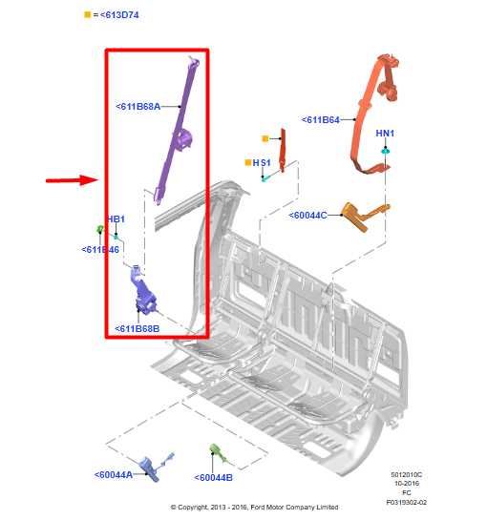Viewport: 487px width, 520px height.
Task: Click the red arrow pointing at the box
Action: pyautogui.click(x=74, y=178)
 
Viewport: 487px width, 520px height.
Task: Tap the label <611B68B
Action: pyautogui.click(x=138, y=328)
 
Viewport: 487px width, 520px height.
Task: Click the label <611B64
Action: pyautogui.click(x=321, y=120)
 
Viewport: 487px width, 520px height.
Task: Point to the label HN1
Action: pyautogui.click(x=385, y=133)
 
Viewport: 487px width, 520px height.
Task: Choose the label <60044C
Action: pyautogui.click(x=308, y=216)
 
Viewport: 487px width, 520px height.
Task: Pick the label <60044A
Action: pyautogui.click(x=114, y=474)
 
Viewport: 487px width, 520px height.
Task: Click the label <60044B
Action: pyautogui.click(x=213, y=477)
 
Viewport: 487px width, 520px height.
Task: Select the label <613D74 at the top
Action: pyautogui.click(x=119, y=15)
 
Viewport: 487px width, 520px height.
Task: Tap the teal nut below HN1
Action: pyautogui.click(x=385, y=151)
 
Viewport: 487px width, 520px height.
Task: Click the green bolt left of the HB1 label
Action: pyautogui.click(x=100, y=229)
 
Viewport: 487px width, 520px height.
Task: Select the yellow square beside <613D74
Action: pyautogui.click(x=87, y=15)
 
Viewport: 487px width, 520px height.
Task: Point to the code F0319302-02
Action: pyautogui.click(x=406, y=501)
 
